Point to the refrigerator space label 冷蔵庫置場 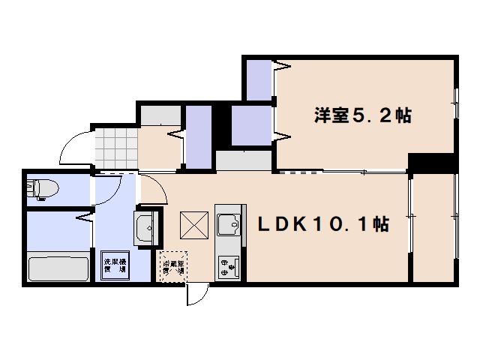point(172,267)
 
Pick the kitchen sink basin point(226,223)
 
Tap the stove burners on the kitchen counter point(226,266)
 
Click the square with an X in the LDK point(193,224)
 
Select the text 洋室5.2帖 point(362,116)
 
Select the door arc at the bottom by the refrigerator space point(196,295)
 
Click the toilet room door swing point(103,191)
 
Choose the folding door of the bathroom point(82,219)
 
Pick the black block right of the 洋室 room point(433,162)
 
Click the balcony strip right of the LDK point(434,225)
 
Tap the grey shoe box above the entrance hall point(160,116)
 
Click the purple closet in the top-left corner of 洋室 point(259,79)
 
